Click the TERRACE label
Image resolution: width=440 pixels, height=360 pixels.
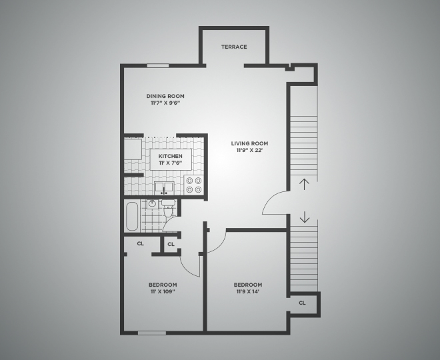tap(234, 47)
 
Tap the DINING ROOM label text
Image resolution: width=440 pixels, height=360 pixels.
tap(165, 96)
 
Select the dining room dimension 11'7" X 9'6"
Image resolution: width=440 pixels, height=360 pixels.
tap(165, 103)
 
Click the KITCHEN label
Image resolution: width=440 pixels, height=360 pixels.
tap(170, 156)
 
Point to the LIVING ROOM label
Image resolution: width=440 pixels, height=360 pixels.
tap(249, 143)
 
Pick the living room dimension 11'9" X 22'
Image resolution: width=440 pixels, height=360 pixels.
tap(249, 151)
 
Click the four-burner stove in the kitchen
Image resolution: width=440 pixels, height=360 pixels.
tap(194, 185)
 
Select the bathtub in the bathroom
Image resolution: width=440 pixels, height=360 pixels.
tap(132, 215)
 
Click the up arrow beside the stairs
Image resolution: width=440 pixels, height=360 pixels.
tap(304, 185)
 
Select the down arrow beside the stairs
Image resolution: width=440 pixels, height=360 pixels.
tap(304, 217)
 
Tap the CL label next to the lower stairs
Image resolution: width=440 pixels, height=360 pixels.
tap(302, 302)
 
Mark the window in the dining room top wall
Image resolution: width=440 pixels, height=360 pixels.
tap(157, 65)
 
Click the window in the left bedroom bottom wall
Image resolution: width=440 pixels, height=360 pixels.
tap(151, 332)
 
